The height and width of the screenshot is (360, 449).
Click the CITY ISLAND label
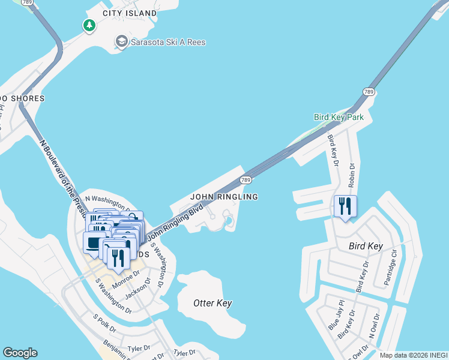point(130,13)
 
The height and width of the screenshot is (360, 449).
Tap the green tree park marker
point(89,25)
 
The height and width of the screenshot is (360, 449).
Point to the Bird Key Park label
point(339,118)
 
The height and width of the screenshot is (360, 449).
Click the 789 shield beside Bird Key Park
point(369,92)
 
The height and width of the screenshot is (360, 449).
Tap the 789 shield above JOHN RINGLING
point(245,179)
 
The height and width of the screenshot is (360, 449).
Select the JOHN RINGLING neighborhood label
point(224,197)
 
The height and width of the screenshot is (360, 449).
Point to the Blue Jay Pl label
point(334,315)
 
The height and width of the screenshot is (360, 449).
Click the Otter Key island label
point(212,304)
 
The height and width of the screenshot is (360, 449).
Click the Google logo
point(20,353)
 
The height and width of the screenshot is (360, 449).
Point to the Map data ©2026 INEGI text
point(413,355)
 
